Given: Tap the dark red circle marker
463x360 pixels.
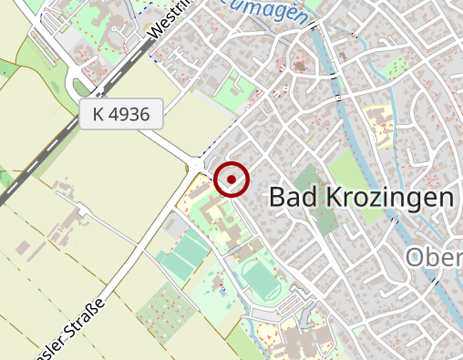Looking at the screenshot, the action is [231, 180].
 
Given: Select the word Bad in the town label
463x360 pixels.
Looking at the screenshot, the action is [290, 197].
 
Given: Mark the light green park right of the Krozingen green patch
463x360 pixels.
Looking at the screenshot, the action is [345, 170].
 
